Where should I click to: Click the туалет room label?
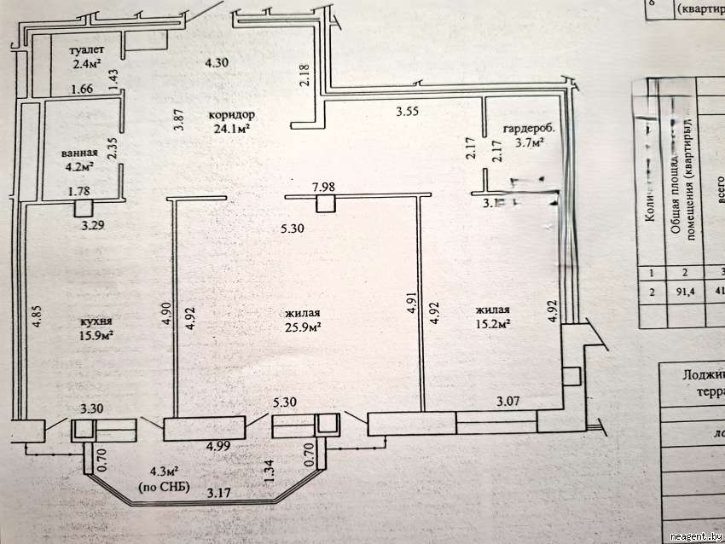click(86, 49)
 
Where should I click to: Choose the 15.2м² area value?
click(493, 324)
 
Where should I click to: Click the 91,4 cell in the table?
click(683, 290)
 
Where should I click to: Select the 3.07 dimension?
click(509, 398)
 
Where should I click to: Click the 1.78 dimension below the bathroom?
click(79, 191)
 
